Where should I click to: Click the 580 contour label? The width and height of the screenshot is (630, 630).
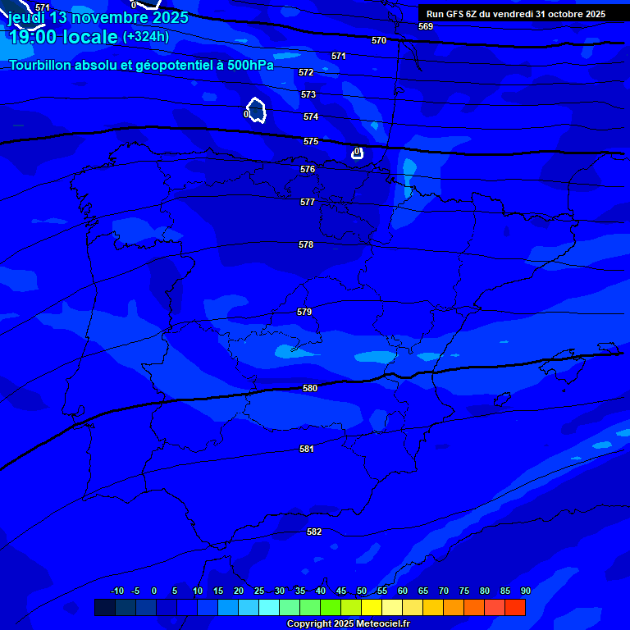click(310, 388)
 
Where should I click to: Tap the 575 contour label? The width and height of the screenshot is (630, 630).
click(311, 141)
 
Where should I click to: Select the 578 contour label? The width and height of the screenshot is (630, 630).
click(306, 244)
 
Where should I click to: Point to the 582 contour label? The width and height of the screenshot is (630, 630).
click(314, 532)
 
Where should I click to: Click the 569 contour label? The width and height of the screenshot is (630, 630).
click(426, 26)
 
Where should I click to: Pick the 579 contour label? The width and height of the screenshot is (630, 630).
click(304, 312)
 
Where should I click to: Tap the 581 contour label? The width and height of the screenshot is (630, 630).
click(307, 449)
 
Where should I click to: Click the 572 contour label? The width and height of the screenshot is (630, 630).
click(306, 72)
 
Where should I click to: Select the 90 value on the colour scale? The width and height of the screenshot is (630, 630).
click(526, 591)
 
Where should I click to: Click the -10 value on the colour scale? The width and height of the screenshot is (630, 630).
click(116, 591)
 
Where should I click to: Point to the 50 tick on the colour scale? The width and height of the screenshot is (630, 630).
click(362, 591)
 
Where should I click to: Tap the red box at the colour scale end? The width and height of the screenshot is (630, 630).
click(515, 607)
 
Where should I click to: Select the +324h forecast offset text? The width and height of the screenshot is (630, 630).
click(146, 36)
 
